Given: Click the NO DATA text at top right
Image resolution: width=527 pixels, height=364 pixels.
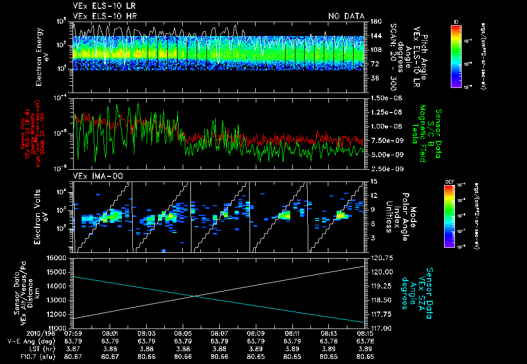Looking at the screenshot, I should pos(346,16).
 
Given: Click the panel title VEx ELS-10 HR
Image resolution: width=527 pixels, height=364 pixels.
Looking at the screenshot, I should pos(100,16).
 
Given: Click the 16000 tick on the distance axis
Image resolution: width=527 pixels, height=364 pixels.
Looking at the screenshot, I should pos(61,258).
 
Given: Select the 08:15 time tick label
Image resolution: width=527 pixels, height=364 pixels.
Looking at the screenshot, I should pos(365,333).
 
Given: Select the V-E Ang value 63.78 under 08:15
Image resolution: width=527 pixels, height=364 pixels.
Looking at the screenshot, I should pos(365,341).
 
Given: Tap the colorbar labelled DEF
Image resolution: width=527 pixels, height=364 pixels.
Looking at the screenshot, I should pos(450,215).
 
